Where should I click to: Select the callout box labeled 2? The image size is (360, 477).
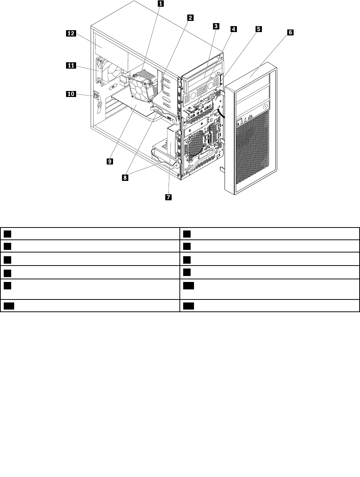[190, 18]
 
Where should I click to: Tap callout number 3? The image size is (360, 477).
[216, 26]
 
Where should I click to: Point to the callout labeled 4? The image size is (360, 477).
[233, 29]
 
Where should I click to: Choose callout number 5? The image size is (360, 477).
[258, 29]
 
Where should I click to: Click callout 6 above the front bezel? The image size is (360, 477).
[290, 32]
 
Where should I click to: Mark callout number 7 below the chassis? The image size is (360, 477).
[169, 197]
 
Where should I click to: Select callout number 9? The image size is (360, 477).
[110, 161]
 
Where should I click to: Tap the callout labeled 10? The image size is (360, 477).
[71, 94]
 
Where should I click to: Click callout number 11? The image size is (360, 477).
[71, 66]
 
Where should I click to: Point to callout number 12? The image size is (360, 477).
[71, 34]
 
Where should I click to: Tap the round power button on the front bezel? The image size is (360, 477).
[265, 106]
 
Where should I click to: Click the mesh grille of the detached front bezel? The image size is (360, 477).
[252, 149]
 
